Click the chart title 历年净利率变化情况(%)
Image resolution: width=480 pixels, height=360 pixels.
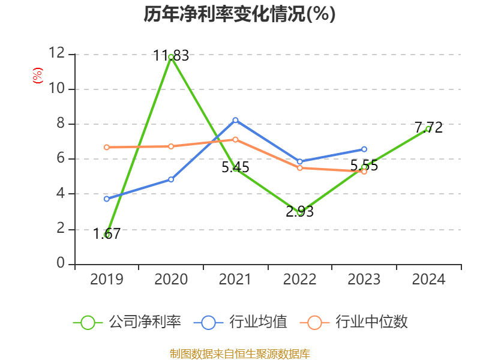[239, 14]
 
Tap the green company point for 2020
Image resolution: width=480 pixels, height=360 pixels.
[171, 56]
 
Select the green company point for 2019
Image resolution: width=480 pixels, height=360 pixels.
[107, 235]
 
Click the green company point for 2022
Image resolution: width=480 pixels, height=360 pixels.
[299, 212]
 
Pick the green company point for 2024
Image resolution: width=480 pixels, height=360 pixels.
[428, 128]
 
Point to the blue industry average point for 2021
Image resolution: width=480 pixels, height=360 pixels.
[235, 120]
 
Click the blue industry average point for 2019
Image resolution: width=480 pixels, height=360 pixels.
[107, 199]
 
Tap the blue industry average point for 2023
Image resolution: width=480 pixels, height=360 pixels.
[364, 149]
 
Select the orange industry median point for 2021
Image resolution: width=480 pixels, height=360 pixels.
[235, 139]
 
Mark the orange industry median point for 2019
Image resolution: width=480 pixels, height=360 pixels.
[107, 147]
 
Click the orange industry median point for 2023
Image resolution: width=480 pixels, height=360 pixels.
[364, 172]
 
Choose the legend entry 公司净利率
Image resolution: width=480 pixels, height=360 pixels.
[127, 322]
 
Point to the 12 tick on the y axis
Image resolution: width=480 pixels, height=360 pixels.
[56, 53]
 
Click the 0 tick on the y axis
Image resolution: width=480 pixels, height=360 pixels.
[61, 263]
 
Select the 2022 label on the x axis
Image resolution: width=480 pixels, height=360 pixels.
[299, 280]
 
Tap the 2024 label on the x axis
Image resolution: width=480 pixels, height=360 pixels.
[428, 280]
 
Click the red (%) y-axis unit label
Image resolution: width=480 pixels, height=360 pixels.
[38, 76]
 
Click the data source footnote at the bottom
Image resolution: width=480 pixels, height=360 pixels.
[239, 353]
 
